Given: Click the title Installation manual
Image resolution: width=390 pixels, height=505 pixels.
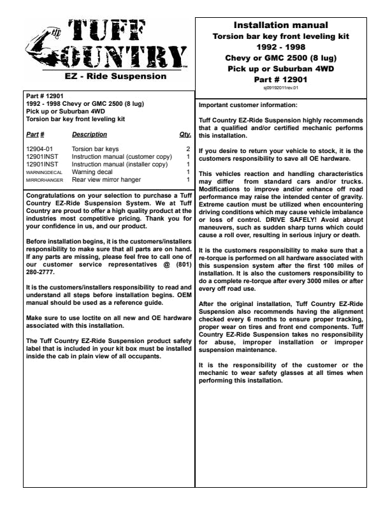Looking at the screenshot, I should point(280,26).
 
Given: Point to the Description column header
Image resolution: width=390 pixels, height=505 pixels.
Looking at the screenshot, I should point(89,135).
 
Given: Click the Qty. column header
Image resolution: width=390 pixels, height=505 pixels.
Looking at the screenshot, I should point(185,135).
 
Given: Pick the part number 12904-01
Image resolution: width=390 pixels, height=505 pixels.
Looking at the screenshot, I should point(38,149).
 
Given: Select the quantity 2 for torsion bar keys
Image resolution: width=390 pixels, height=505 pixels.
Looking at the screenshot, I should point(188,149).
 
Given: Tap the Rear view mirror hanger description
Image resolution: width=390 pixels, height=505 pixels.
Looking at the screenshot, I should point(106,180).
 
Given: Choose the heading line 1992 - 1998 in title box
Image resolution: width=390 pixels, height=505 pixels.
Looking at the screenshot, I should point(280,47).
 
